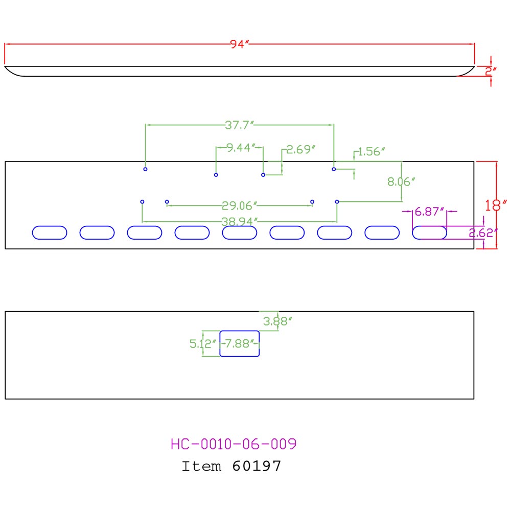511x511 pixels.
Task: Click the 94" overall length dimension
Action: point(239,44)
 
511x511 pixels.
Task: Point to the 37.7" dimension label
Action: point(240,124)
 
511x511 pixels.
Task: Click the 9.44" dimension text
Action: point(240,148)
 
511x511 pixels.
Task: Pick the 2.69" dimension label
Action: point(300,150)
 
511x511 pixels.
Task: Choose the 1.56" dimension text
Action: point(371,151)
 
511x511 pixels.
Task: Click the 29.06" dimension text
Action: point(239,206)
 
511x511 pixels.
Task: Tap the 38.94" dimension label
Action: point(239,221)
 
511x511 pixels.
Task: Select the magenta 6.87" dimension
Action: point(429,212)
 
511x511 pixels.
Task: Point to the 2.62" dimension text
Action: point(483,233)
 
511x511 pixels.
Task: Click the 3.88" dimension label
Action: point(277,321)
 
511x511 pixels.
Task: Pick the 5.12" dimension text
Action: point(203,344)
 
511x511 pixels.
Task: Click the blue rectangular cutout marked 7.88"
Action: point(240,343)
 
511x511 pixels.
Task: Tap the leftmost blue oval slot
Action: point(50,233)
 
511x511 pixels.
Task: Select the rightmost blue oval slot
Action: point(430,233)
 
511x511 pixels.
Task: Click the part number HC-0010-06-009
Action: point(234,444)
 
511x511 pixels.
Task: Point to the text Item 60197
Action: point(231,466)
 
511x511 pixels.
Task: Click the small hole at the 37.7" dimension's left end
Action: point(146,169)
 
